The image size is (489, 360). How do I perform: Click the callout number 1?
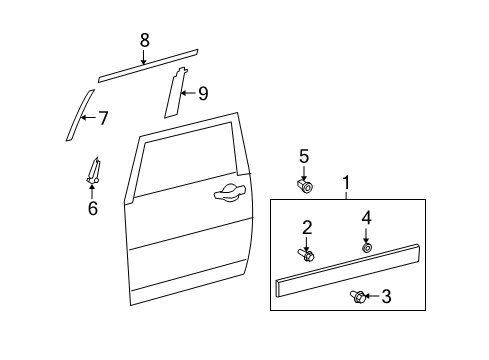tap(346, 183)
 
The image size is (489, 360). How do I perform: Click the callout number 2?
tap(307, 227)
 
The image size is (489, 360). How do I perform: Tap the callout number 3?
tap(385, 296)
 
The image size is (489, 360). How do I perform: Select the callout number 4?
tap(366, 217)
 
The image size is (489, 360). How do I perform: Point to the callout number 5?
tap(304, 156)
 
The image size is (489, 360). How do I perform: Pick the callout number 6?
tap(92, 208)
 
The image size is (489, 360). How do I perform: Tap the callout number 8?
tap(144, 41)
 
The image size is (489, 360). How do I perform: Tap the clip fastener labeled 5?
tap(305, 185)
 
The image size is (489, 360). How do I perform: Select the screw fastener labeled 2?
tap(306, 256)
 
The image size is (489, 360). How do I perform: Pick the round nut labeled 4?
tap(367, 246)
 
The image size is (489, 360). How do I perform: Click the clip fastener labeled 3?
tap(358, 295)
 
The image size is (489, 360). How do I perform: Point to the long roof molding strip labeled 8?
tap(148, 65)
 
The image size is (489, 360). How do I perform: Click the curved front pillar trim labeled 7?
tap(76, 116)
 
